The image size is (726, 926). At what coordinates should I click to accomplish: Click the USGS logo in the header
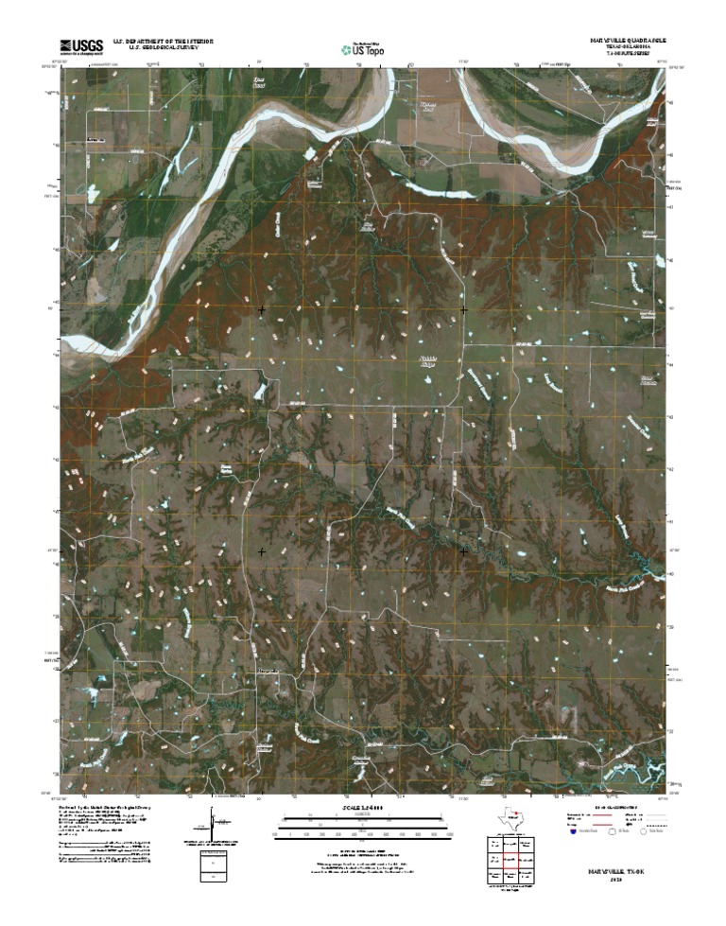81,44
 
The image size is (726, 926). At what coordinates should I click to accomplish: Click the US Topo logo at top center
362,48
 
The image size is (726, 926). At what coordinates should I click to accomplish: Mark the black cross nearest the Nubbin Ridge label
463,309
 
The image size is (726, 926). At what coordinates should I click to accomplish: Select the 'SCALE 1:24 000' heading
362,807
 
